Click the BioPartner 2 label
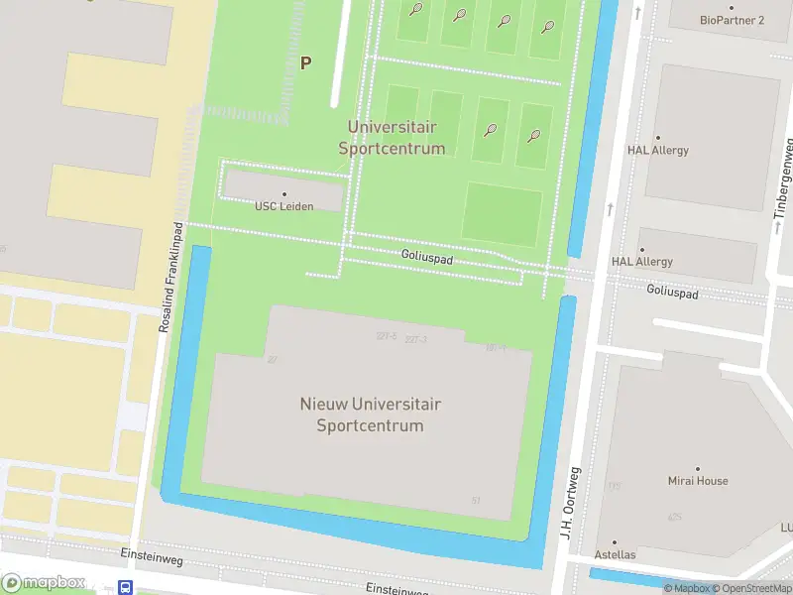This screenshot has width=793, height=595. coord(732,20)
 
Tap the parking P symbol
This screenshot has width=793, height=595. coord(306,62)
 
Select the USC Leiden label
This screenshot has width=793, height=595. coord(284,206)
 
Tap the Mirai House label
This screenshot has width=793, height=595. coord(697,481)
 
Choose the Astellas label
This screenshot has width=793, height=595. coord(615,554)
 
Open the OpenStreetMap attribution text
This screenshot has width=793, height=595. coord(754,589)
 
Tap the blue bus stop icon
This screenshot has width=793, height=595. coord(126,587)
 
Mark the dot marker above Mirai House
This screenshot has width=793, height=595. coord(697,468)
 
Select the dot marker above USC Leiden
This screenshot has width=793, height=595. coord(284,194)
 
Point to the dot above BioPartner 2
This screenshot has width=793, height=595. coord(732,7)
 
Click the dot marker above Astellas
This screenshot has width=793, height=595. coord(615,541)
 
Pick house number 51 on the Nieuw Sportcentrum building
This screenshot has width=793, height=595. coord(477,501)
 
